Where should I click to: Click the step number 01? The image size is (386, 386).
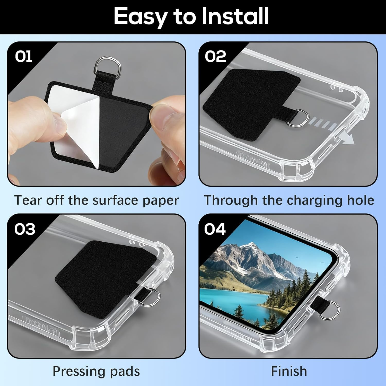tap(23, 56)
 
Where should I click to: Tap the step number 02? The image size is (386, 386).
tap(215, 56)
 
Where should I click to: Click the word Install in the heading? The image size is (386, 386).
tap(235, 16)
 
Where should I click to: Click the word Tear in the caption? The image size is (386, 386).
tap(28, 200)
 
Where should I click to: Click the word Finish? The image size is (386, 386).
tap(289, 371)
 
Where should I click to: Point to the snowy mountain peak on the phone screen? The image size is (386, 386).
tap(251, 246)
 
